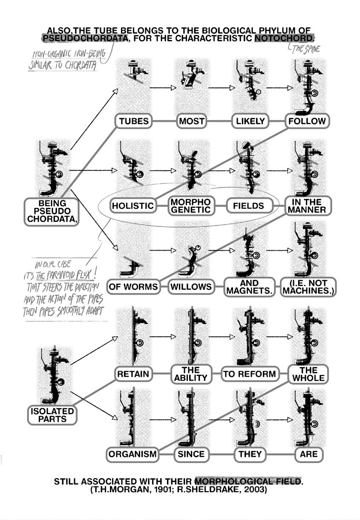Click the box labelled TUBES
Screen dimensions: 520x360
point(134,121)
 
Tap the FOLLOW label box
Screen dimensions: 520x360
point(307,121)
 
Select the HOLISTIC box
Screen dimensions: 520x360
point(132,206)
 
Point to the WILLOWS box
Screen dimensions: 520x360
point(191,286)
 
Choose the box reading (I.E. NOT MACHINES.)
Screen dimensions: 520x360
point(308,286)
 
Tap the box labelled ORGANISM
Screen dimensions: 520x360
point(132,454)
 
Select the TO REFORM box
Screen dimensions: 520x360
point(250,374)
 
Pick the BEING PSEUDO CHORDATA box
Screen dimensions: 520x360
point(52,211)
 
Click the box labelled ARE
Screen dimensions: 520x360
point(308,454)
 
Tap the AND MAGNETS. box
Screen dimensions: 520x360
point(249,286)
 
